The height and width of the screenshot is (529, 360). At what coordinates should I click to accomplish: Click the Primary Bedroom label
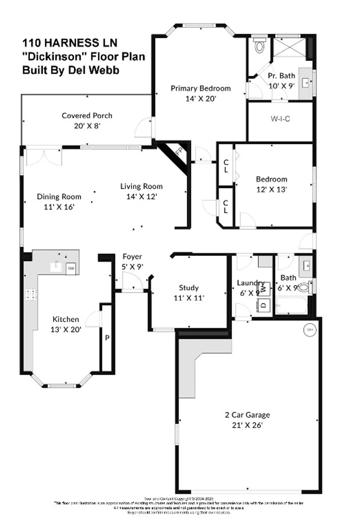pyautogui.click(x=200, y=89)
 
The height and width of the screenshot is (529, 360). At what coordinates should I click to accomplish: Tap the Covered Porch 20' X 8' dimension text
pyautogui.click(x=87, y=126)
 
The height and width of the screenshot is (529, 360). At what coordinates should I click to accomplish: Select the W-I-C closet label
pyautogui.click(x=280, y=119)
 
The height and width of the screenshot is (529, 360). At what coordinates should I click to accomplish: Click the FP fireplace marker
pyautogui.click(x=179, y=152)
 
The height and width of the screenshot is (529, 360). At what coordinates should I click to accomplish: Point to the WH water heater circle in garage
pyautogui.click(x=310, y=330)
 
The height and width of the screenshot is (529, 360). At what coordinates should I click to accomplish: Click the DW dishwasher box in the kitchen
pyautogui.click(x=71, y=268)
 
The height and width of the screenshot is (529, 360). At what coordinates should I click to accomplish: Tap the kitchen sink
pyautogui.click(x=56, y=266)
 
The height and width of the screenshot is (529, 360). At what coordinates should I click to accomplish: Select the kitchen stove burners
pyautogui.click(x=31, y=294)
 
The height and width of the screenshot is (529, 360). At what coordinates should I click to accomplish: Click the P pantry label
pyautogui.click(x=107, y=338)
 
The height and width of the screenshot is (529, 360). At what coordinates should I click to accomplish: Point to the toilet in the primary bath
pyautogui.click(x=259, y=46)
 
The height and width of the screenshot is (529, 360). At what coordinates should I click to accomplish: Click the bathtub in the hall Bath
pyautogui.click(x=291, y=306)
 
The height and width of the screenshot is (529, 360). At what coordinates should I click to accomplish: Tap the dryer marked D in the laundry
pyautogui.click(x=264, y=305)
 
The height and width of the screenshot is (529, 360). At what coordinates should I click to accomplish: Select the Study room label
pyautogui.click(x=189, y=288)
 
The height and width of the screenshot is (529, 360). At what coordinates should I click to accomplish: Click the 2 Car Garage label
pyautogui.click(x=247, y=415)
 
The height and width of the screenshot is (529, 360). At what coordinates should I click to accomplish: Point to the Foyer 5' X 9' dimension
pyautogui.click(x=132, y=267)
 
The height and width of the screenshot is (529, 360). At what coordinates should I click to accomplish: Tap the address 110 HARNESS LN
pyautogui.click(x=70, y=43)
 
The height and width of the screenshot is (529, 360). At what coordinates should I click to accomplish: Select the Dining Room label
pyautogui.click(x=59, y=197)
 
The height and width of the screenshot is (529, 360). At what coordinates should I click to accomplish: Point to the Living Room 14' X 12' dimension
pyautogui.click(x=142, y=197)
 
